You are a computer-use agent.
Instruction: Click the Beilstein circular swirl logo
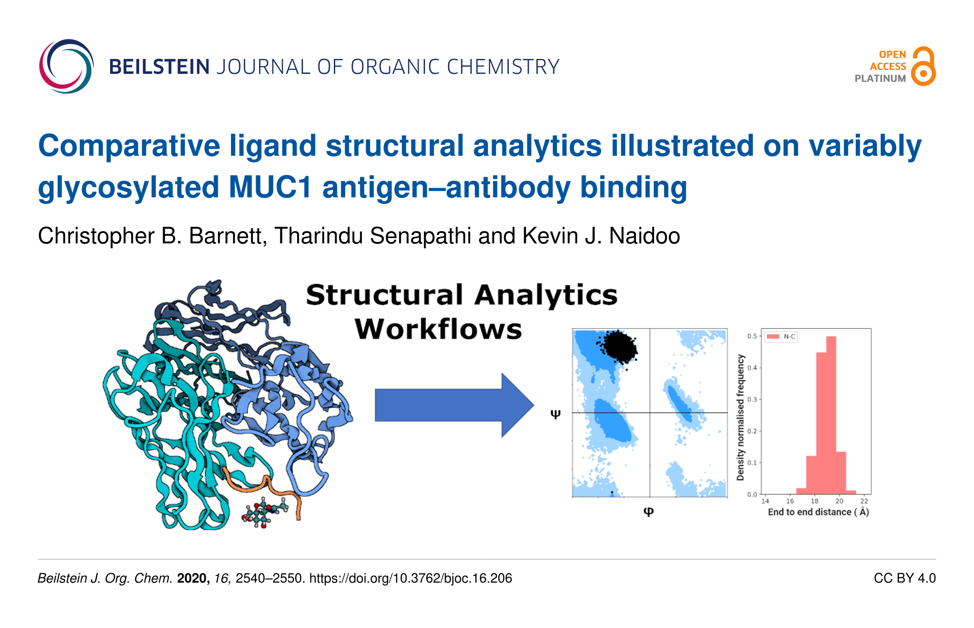(x=67, y=66)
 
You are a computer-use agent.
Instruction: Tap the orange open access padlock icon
(x=923, y=66)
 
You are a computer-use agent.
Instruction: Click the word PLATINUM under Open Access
(x=880, y=78)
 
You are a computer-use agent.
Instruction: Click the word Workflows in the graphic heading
(x=438, y=329)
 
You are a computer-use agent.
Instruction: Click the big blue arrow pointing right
(x=454, y=405)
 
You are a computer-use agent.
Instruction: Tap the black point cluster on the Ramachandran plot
(x=618, y=347)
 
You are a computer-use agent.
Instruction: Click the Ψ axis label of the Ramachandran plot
(x=555, y=414)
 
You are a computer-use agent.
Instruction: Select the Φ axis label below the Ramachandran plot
(x=648, y=512)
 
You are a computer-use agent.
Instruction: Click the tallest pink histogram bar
(x=831, y=415)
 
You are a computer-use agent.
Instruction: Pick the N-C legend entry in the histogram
(x=781, y=336)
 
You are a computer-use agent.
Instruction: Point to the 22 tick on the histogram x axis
(x=864, y=501)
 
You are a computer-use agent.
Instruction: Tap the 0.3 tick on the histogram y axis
(x=752, y=399)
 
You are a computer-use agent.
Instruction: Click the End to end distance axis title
(x=818, y=512)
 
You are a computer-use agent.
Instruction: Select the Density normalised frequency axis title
(x=740, y=417)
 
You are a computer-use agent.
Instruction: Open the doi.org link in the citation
(x=410, y=578)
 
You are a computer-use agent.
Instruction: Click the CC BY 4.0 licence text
(x=905, y=578)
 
